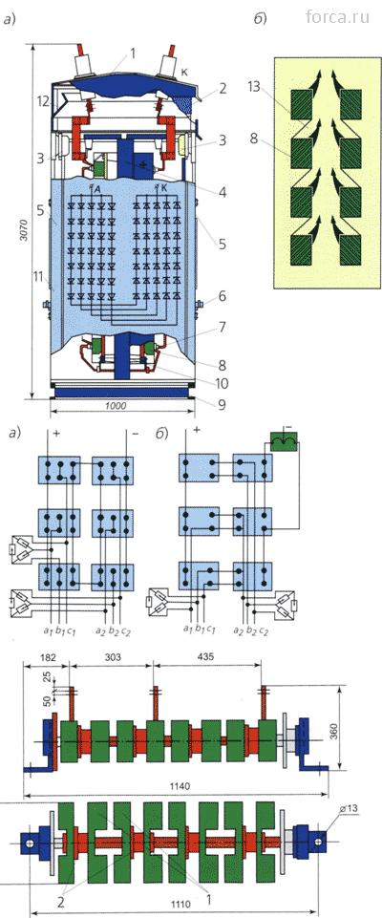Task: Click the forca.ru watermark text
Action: tap(337, 17)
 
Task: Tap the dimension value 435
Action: tap(206, 656)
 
